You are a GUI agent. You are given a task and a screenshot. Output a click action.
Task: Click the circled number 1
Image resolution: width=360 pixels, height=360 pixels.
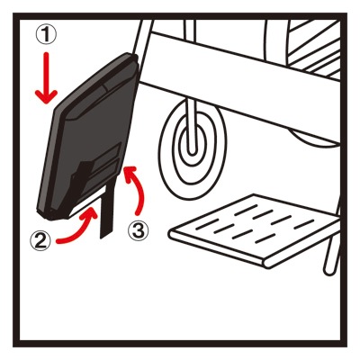(x=46, y=35)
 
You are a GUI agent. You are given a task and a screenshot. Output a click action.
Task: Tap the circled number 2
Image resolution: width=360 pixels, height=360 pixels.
(x=40, y=241)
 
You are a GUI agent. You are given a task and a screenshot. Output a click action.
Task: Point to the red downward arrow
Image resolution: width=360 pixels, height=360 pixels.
(x=46, y=78)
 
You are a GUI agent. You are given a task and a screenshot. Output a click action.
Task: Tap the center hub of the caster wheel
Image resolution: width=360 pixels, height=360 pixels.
(x=192, y=144)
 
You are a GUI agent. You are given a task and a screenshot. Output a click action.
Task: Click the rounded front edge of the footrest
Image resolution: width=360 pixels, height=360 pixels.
(x=219, y=249)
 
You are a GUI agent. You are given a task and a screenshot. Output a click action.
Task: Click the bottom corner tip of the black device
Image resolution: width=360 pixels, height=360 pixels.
(x=45, y=217)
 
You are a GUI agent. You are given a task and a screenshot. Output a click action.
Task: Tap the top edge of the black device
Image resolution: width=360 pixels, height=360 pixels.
(x=93, y=80)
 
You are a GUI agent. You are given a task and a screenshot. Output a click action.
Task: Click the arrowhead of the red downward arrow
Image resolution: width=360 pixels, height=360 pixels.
(x=46, y=96)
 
